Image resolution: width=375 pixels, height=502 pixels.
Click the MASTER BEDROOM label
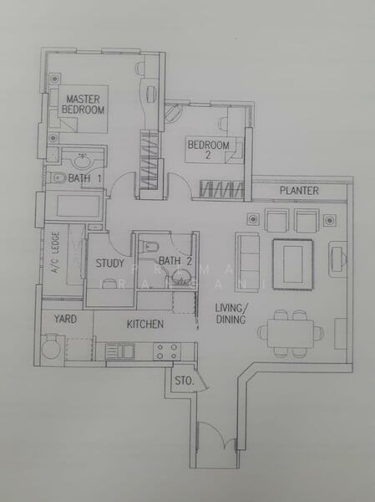84,105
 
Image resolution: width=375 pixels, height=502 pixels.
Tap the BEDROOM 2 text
208,150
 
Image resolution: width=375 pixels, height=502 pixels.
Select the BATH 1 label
86,178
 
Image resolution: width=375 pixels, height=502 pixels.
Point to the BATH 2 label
175,261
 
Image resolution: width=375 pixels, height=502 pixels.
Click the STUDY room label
109,264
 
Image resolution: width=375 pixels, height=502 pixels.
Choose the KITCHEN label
144,324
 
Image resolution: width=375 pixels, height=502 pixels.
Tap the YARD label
66,319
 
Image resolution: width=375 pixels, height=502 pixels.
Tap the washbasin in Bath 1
82,159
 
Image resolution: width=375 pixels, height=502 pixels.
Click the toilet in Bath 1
58,178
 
